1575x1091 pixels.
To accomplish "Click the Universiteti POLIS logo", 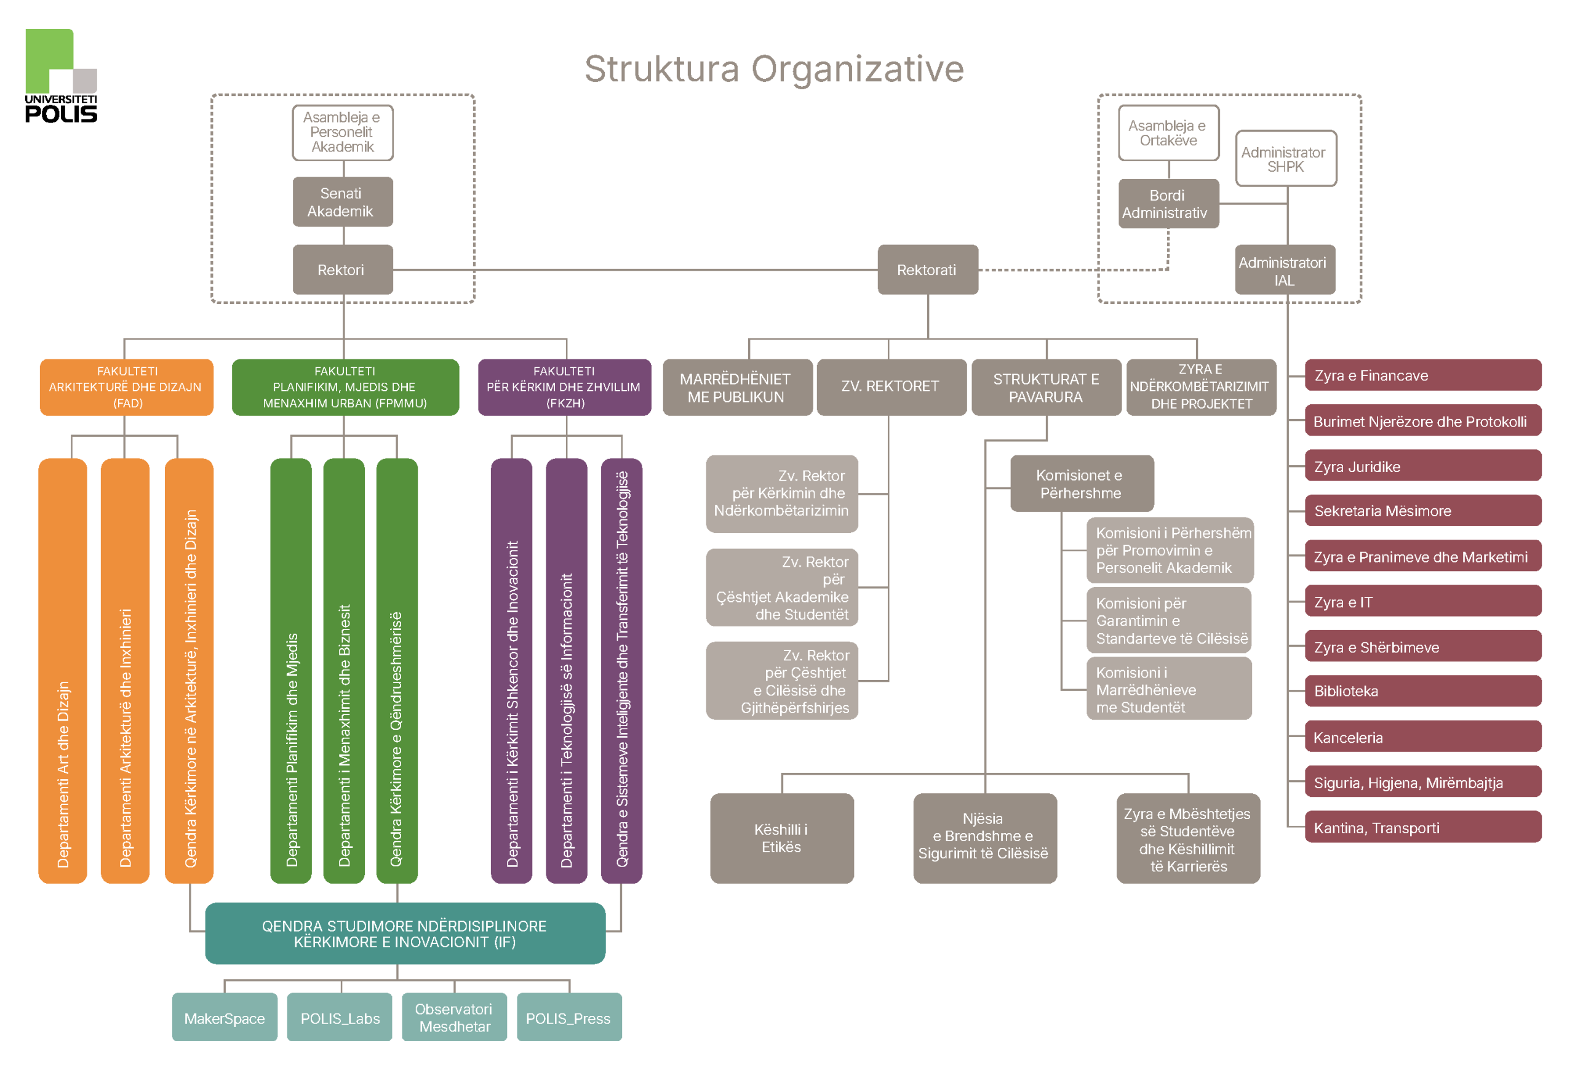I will [x=61, y=75].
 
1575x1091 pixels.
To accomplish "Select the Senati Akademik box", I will [x=342, y=202].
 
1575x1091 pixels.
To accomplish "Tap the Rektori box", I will [x=342, y=270].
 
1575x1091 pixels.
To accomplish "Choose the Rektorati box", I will [x=927, y=270].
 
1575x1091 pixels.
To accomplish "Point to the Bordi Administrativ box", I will [x=1168, y=204].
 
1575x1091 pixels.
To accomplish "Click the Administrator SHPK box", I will [x=1285, y=159].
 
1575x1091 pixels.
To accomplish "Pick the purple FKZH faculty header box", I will [x=564, y=387].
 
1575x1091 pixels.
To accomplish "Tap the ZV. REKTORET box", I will [x=891, y=387].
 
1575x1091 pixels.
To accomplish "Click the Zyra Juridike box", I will [x=1422, y=466].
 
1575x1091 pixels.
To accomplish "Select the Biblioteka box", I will [x=1422, y=691].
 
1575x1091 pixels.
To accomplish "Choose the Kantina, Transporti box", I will [x=1422, y=828].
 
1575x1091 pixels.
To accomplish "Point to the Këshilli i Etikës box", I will [x=782, y=838].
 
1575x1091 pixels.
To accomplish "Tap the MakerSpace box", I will [x=224, y=1018].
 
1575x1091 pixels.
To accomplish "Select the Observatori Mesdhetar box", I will [x=455, y=1018].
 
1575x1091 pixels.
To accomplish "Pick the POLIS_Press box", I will [x=568, y=1018].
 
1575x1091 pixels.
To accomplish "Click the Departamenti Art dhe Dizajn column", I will [x=63, y=670].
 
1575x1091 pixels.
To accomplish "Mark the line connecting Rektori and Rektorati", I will [x=636, y=270].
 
